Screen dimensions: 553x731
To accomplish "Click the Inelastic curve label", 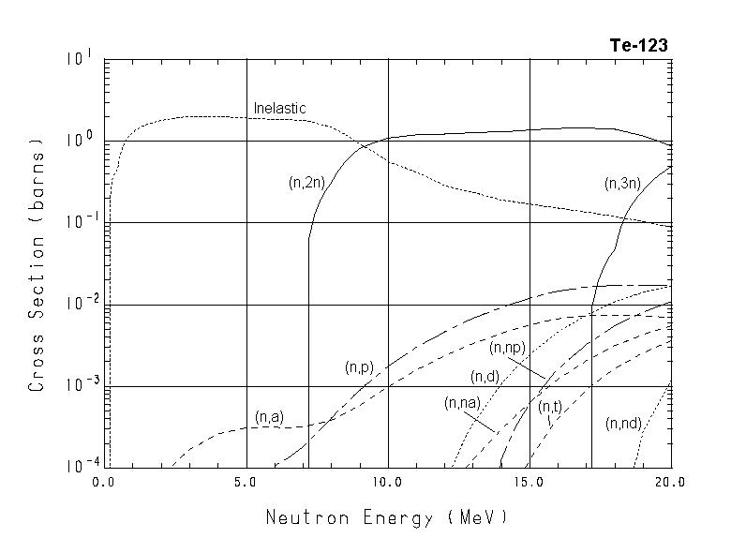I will pyautogui.click(x=279, y=109).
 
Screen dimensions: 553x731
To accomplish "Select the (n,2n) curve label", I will pyautogui.click(x=306, y=184).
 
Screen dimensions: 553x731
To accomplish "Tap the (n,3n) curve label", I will pyautogui.click(x=622, y=184).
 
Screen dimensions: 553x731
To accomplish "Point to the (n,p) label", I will pyautogui.click(x=360, y=367).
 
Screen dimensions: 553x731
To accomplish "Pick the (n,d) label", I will pyautogui.click(x=485, y=377).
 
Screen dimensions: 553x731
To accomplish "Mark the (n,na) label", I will pyautogui.click(x=462, y=403).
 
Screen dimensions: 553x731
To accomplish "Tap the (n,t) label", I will pyautogui.click(x=549, y=407).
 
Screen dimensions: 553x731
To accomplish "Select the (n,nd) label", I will pyautogui.click(x=623, y=424).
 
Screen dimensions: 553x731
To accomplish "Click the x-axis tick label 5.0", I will pyautogui.click(x=246, y=483).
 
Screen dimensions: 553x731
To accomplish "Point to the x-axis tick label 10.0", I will pyautogui.click(x=387, y=483).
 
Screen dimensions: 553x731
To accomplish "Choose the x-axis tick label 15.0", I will pyautogui.click(x=530, y=483).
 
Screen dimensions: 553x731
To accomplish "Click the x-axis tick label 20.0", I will pyautogui.click(x=671, y=483).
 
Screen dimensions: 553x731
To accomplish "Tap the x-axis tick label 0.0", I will pyautogui.click(x=104, y=483).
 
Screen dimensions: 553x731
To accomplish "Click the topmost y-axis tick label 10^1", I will pyautogui.click(x=78, y=58).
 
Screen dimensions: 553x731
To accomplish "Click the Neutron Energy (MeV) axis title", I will pyautogui.click(x=387, y=516).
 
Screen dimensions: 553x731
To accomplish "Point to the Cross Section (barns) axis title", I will pyautogui.click(x=37, y=264).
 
